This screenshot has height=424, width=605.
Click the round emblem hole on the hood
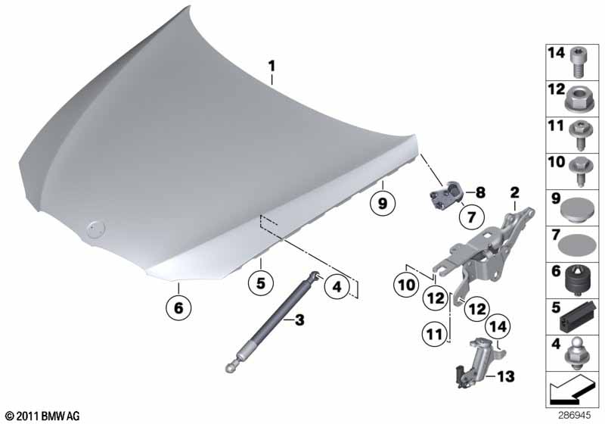point(95,229)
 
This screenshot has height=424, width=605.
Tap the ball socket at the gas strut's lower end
point(231,367)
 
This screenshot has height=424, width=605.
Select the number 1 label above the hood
point(271,66)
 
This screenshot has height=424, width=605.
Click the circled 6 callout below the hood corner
point(178,307)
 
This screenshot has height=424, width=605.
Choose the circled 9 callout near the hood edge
point(383,203)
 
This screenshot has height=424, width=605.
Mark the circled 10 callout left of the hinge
point(406,285)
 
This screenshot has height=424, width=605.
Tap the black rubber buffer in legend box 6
point(579,282)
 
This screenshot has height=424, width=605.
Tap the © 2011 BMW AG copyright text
point(42,416)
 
